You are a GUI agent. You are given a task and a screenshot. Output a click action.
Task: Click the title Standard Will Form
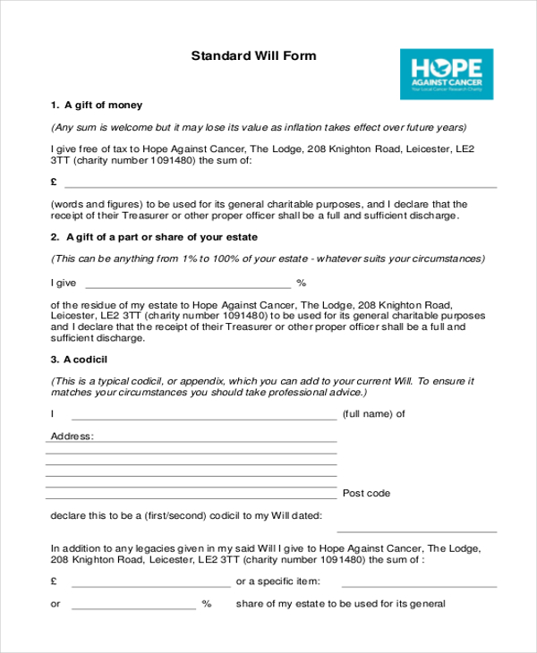pyautogui.click(x=253, y=55)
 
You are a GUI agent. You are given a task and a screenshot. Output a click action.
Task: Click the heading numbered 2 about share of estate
pyautogui.click(x=154, y=237)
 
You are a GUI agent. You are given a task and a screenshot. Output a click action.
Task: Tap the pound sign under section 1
pyautogui.click(x=55, y=182)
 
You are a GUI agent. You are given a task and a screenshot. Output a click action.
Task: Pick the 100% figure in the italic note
pyautogui.click(x=232, y=259)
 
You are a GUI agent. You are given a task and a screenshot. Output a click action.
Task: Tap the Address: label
pyautogui.click(x=72, y=437)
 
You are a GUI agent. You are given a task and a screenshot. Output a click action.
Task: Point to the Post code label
pyautogui.click(x=367, y=494)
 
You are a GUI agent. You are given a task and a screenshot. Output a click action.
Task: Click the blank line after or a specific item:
pyautogui.click(x=420, y=586)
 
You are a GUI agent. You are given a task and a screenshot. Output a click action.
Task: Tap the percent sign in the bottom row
pyautogui.click(x=207, y=605)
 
